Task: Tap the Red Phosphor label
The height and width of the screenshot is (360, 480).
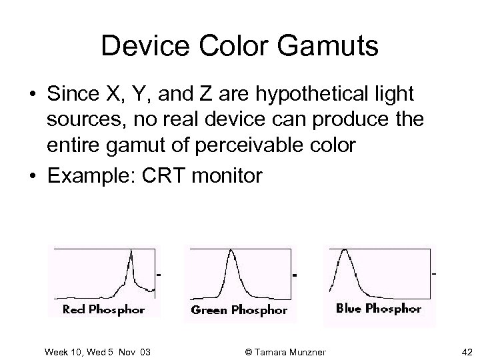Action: [103, 309]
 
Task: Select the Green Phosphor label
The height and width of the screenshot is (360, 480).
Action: [239, 310]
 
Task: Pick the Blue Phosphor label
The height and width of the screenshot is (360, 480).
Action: [378, 308]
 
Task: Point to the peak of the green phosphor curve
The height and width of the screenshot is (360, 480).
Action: [231, 252]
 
